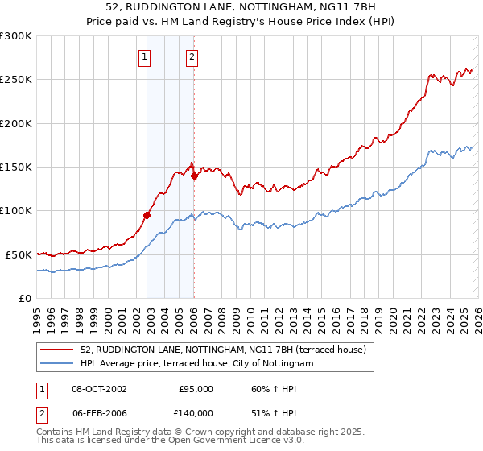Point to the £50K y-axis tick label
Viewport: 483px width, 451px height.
point(18,254)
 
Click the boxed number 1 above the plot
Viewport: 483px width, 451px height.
point(144,56)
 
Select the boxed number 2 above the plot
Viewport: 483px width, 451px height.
point(192,56)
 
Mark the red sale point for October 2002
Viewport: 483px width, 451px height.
point(147,215)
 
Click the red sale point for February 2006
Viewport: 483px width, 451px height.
point(195,176)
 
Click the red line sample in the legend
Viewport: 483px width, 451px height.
point(58,350)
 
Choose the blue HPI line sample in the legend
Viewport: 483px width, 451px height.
point(58,364)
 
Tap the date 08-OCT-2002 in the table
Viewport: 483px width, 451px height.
point(99,389)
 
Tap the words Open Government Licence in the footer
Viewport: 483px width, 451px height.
point(237,442)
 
